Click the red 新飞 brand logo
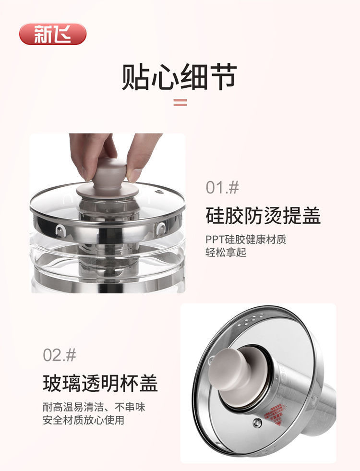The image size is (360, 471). [x=53, y=34]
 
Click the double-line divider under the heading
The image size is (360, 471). [x=180, y=102]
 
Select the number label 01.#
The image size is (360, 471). [x=222, y=187]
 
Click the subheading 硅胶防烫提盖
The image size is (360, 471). [x=263, y=216]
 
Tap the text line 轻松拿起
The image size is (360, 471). [x=226, y=253]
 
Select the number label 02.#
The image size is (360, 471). [x=60, y=355]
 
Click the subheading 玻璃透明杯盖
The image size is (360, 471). [x=100, y=384]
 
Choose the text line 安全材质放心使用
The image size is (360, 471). [x=83, y=421]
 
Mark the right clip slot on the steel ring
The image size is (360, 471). [x=161, y=229]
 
